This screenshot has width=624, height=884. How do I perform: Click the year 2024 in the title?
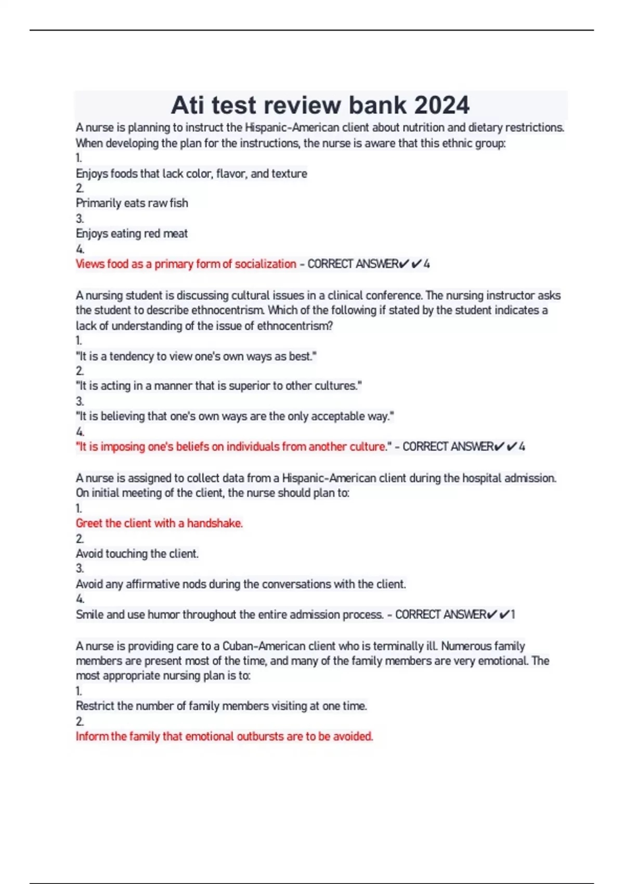(442, 105)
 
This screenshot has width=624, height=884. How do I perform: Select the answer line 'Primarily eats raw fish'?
(132, 203)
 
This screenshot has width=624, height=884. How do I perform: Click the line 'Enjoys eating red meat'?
(132, 234)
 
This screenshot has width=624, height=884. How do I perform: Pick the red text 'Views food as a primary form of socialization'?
(186, 264)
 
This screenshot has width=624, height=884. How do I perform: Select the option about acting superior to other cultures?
(218, 386)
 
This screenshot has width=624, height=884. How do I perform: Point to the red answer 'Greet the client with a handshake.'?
(159, 523)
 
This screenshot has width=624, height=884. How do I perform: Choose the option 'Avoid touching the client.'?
(137, 554)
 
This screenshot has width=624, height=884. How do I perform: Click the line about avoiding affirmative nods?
(241, 584)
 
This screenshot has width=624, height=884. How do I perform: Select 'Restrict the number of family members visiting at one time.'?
(222, 706)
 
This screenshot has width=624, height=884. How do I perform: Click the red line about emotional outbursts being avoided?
(224, 736)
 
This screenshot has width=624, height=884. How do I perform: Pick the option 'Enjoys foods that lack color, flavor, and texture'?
(191, 174)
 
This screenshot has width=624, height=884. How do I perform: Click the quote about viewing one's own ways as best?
(196, 357)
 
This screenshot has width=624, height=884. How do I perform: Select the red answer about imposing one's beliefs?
(232, 447)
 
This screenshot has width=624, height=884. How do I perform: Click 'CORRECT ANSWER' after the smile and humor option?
(441, 615)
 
